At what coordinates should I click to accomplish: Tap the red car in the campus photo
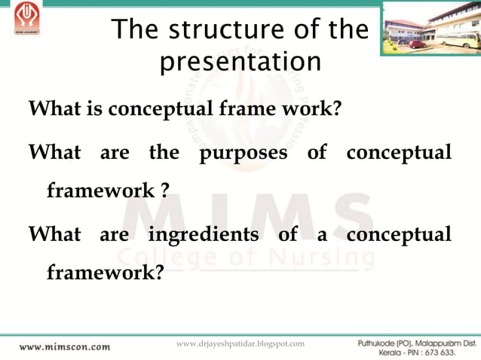(416, 44)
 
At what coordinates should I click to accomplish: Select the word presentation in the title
(240, 62)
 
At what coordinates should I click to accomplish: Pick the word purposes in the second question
(243, 153)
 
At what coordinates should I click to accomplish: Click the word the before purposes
(164, 153)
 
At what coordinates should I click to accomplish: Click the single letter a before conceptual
(321, 234)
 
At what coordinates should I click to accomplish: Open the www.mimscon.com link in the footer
(64, 347)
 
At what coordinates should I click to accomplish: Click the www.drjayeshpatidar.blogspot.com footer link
(240, 343)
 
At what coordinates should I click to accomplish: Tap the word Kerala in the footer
(372, 352)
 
